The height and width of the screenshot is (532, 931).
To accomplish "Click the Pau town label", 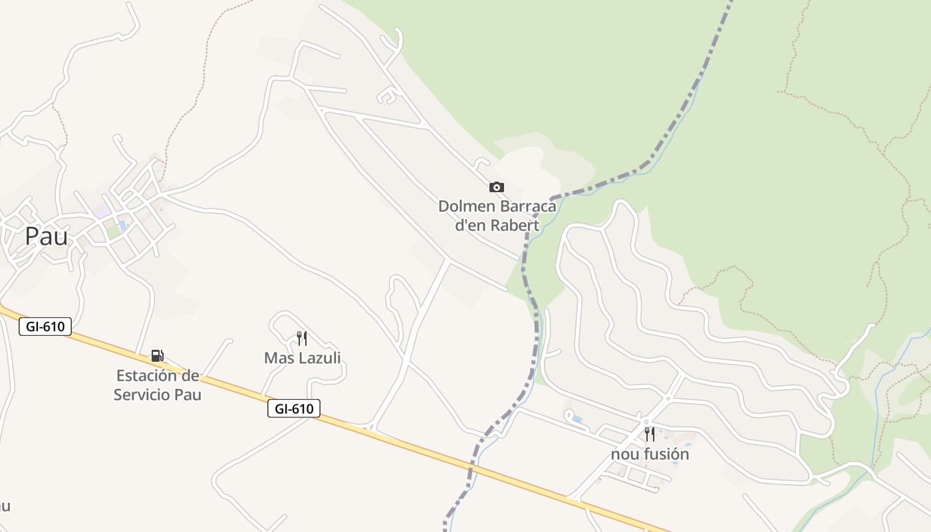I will click(47, 236).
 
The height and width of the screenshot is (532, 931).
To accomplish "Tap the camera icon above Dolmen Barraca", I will click(497, 187).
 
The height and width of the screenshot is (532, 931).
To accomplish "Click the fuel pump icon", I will click(157, 356).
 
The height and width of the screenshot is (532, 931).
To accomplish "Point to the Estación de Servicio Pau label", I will click(158, 384).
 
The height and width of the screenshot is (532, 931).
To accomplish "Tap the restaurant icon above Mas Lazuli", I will click(302, 338).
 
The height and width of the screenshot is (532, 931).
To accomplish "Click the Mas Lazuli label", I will click(303, 358).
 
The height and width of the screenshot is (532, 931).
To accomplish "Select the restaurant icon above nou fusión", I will click(650, 434).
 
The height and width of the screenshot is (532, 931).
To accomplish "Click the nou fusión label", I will click(650, 454).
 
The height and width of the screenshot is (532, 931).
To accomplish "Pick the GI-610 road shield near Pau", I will click(45, 327).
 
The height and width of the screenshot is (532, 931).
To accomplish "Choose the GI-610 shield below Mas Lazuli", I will click(294, 408).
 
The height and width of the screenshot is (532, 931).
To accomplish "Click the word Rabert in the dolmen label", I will click(515, 225).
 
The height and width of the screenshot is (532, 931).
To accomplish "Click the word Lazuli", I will click(320, 358).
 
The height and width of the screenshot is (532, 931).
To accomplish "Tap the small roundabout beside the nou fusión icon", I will click(645, 422).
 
